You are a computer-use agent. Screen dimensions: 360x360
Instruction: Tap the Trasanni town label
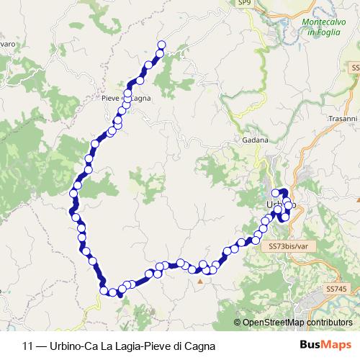point(342,118)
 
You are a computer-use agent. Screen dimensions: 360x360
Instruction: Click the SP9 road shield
point(246,4)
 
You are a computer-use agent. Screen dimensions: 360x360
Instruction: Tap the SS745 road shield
point(336,289)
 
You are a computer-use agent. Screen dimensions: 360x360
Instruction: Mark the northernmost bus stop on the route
point(161,45)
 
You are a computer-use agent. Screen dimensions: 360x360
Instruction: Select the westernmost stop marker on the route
point(73,194)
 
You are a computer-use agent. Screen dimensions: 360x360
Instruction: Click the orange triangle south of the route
point(200,282)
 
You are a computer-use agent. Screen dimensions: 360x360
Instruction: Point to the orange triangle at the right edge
point(356,199)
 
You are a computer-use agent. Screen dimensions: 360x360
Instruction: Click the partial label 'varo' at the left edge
point(7,45)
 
